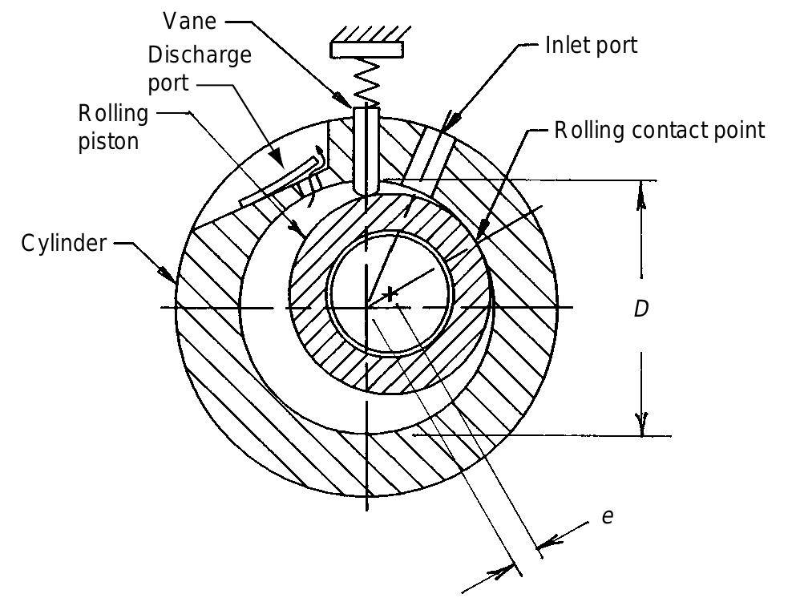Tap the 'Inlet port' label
[x=592, y=45]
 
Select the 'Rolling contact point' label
[x=660, y=130]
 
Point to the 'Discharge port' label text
[x=200, y=70]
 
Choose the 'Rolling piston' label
[x=113, y=127]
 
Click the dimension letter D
[x=640, y=309]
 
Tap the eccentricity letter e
[x=608, y=516]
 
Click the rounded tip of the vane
[x=366, y=188]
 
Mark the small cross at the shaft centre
[x=390, y=294]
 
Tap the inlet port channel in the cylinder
[x=430, y=164]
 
